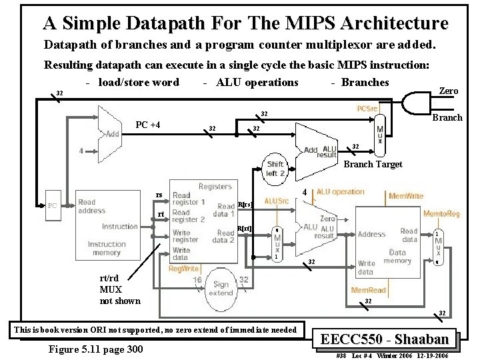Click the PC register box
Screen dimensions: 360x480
click(x=51, y=206)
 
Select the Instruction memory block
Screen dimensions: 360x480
click(x=107, y=227)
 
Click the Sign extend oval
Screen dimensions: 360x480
click(x=221, y=289)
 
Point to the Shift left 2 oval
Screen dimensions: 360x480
click(x=275, y=169)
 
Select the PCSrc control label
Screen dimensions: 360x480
click(x=368, y=109)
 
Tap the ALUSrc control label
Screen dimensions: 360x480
click(x=277, y=201)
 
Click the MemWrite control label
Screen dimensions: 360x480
click(x=406, y=196)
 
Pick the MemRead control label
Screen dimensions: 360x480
click(x=367, y=291)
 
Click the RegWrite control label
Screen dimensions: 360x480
click(x=183, y=269)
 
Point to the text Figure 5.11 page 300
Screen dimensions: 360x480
click(x=96, y=349)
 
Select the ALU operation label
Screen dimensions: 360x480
click(x=340, y=192)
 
